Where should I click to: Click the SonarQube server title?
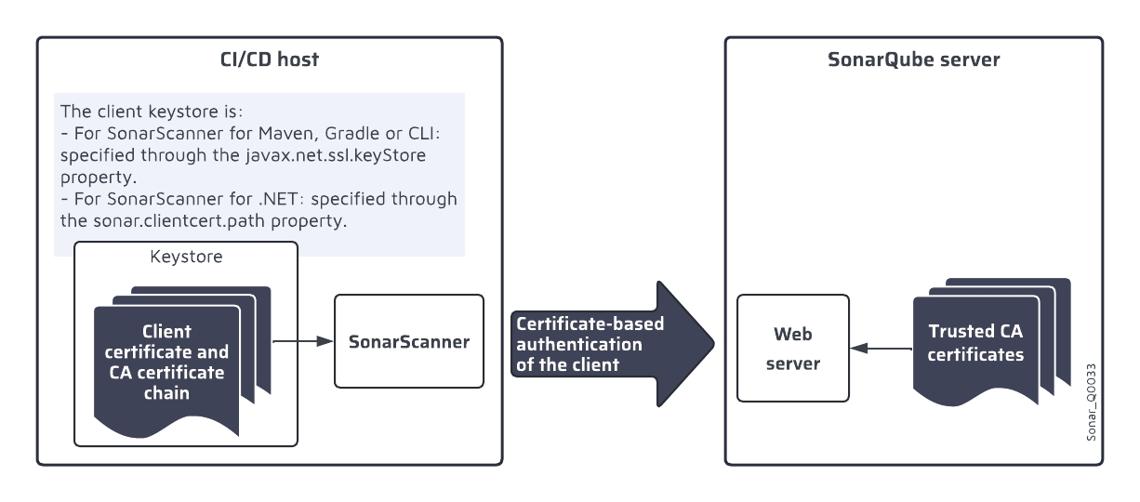point(913,61)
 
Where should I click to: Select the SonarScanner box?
point(408,341)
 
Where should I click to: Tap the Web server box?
point(792,348)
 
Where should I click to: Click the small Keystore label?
point(186,257)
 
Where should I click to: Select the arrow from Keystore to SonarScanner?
point(302,341)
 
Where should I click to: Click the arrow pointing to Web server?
point(881,349)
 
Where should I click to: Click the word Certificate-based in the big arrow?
point(577,324)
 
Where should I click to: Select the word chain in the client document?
point(166,393)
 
